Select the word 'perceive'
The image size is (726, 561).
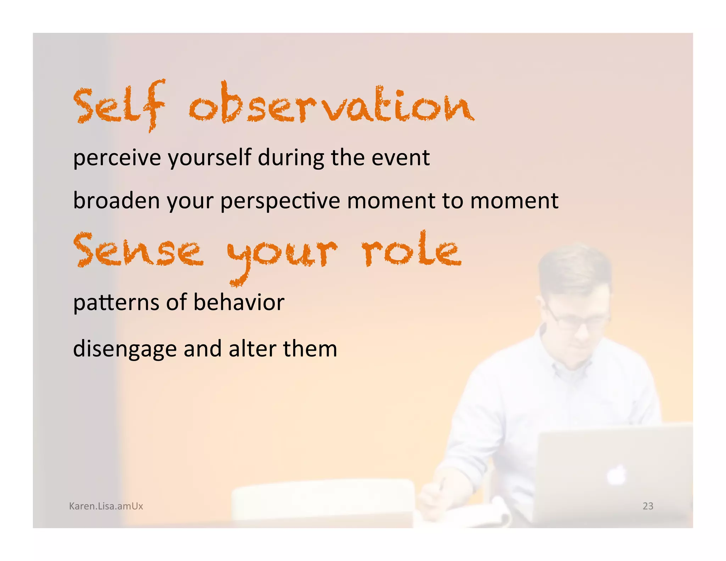[117, 158]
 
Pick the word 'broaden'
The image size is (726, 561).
[116, 201]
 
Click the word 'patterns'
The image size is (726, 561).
[116, 302]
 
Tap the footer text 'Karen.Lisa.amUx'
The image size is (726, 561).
[106, 506]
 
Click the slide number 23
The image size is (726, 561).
[648, 506]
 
